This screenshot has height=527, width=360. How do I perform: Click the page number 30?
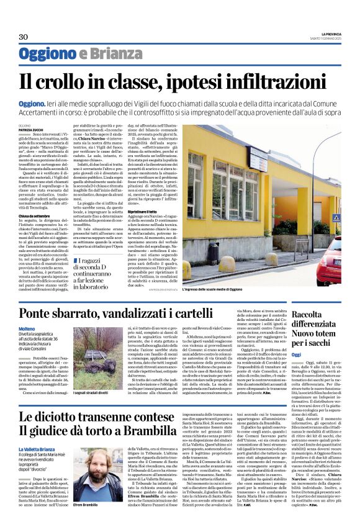(24, 37)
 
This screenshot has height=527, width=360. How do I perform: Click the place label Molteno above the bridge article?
(27, 328)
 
